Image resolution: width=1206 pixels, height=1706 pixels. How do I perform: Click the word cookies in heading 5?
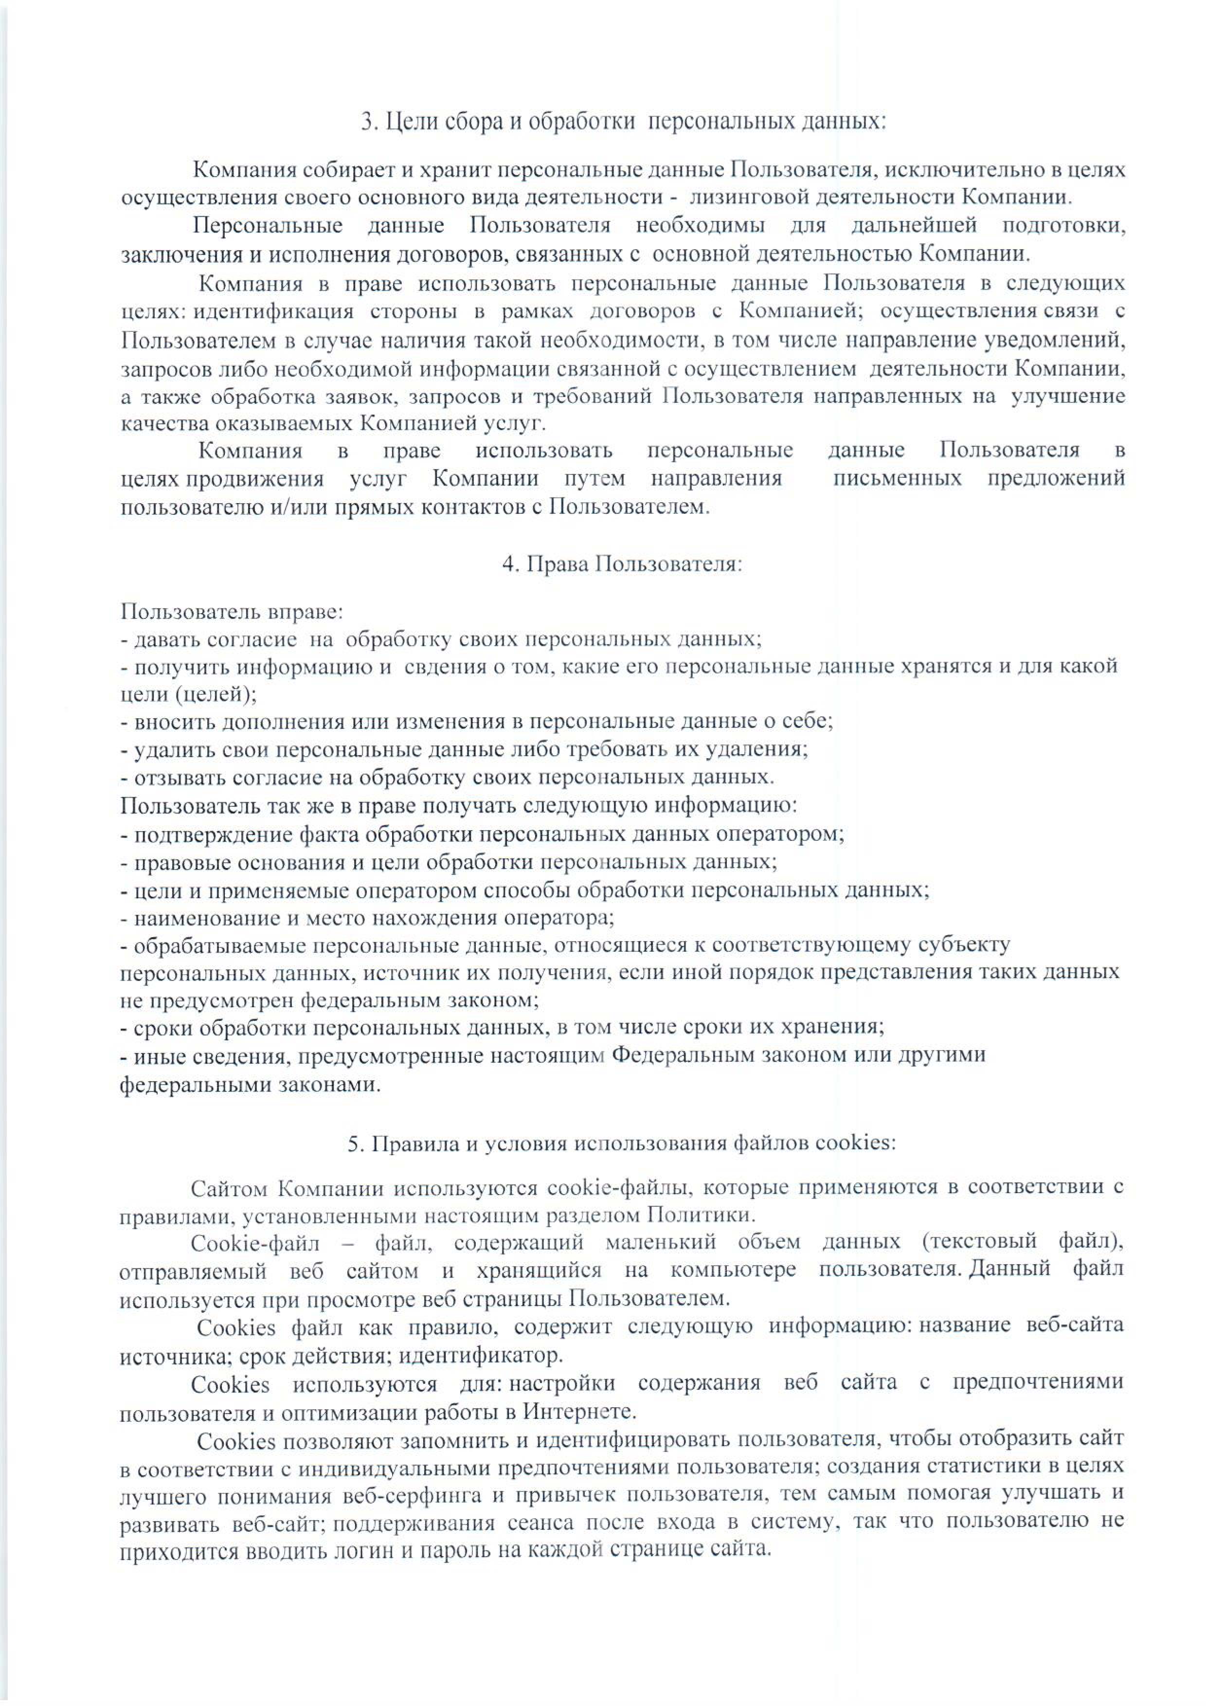tap(855, 1143)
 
